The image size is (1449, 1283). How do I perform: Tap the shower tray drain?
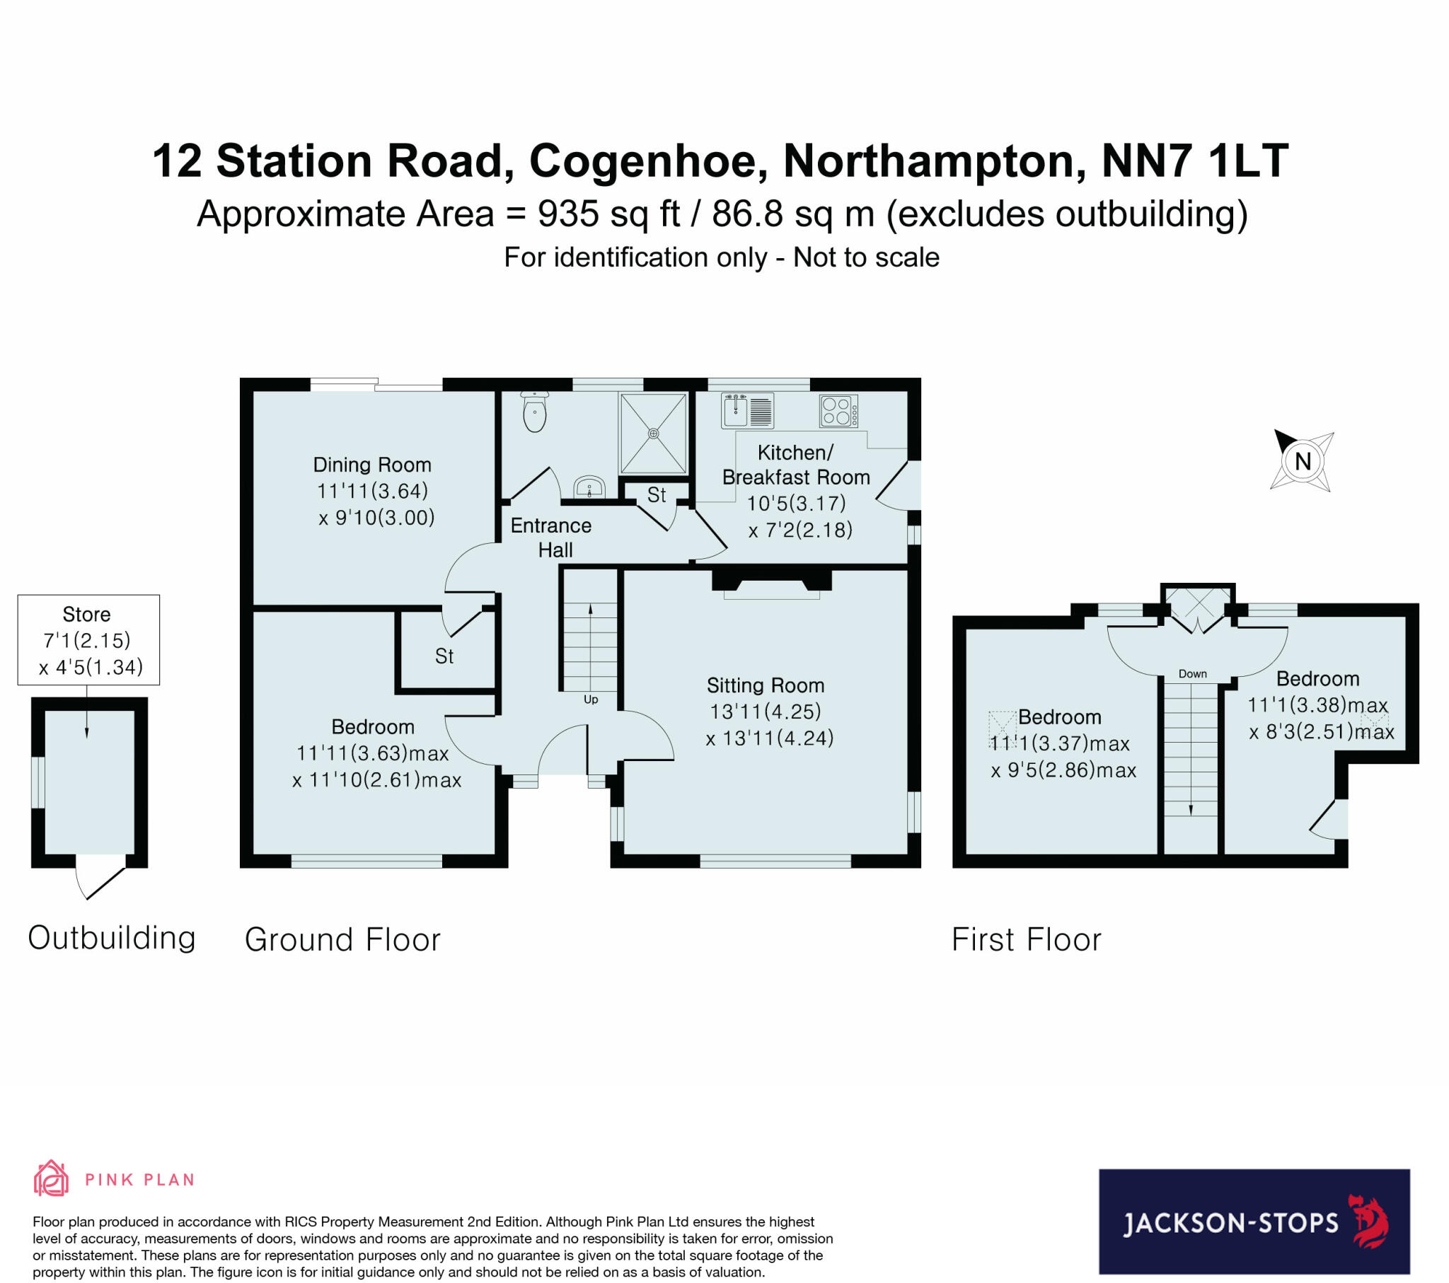point(654,433)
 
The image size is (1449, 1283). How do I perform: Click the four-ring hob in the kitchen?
point(838,411)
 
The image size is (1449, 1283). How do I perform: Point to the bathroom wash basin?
point(589,487)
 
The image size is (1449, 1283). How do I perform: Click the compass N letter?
point(1303,462)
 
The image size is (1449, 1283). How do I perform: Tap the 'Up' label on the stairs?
point(591,699)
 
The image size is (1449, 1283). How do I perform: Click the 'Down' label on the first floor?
point(1192,673)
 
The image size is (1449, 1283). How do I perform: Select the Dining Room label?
point(372,465)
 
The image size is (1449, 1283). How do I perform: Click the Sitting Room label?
point(766,685)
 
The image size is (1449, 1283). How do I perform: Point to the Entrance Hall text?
point(552,538)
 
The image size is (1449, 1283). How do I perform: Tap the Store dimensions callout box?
point(88,640)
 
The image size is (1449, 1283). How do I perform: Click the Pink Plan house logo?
point(52,1178)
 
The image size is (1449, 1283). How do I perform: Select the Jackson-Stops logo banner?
point(1254,1221)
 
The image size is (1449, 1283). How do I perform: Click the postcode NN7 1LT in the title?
point(1195,161)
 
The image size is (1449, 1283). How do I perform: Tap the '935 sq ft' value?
point(609,214)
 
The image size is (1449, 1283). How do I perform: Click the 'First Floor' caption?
point(1026,940)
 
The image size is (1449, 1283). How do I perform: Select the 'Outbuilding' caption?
point(112,938)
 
